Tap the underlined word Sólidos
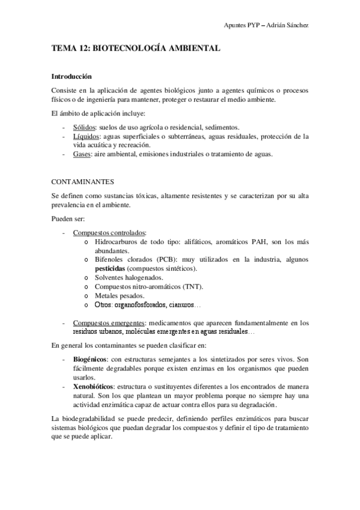(x=84, y=127)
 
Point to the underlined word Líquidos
(x=85, y=137)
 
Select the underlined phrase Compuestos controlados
(x=109, y=233)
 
